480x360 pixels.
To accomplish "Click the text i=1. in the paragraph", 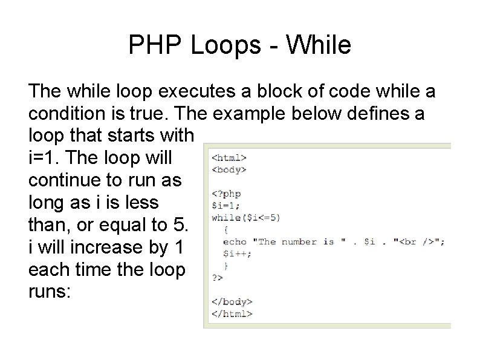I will (45, 157).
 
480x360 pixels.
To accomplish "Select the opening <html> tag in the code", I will (229, 157).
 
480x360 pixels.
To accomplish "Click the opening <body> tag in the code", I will (229, 169).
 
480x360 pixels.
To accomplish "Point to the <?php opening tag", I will (226, 194).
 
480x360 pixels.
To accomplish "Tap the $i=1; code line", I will (224, 206).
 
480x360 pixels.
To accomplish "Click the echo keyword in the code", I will (235, 241).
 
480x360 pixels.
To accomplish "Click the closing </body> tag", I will (232, 301).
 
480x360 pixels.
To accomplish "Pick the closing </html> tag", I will (232, 313).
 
